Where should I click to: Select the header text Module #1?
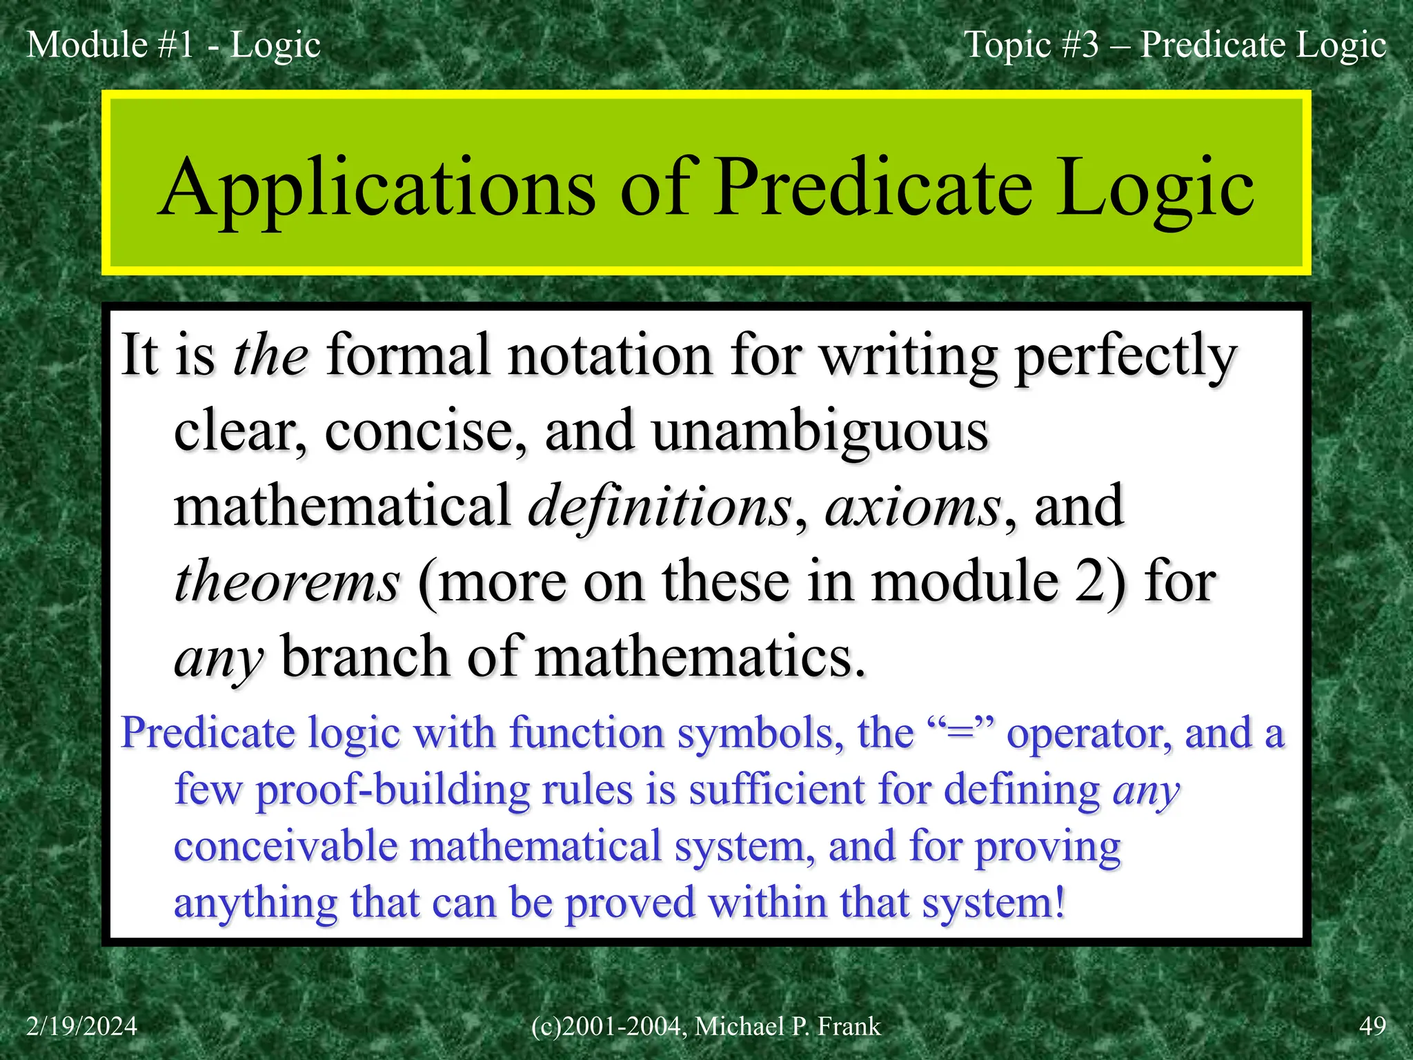110,45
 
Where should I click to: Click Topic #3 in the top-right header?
1031,45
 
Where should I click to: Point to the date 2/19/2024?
81,1026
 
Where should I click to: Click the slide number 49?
1372,1026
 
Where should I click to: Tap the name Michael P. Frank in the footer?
787,1026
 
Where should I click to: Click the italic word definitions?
660,506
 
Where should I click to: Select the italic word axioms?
912,506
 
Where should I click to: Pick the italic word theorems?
286,581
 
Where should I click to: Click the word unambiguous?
820,431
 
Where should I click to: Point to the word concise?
425,431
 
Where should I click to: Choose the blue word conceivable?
286,846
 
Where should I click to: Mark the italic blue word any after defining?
1146,791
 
